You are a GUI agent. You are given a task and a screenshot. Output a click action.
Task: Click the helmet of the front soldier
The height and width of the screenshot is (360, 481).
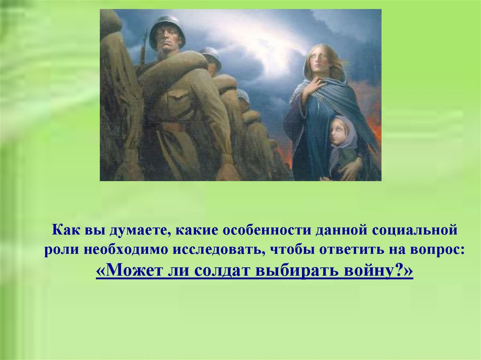click(x=167, y=28)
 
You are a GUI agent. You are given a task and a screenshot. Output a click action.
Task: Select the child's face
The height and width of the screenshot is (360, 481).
click(x=338, y=133)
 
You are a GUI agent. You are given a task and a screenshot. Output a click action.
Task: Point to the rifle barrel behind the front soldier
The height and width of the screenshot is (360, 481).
click(x=143, y=47)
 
